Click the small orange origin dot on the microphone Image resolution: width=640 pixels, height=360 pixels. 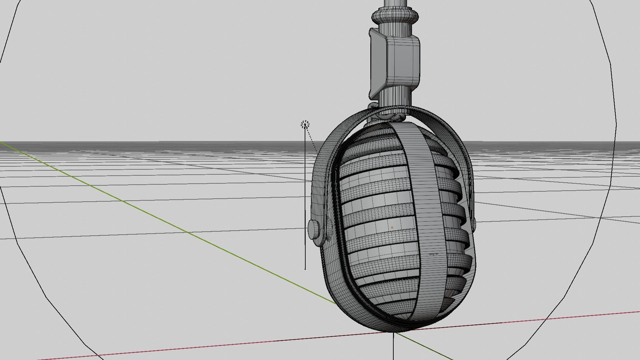pos(392,228)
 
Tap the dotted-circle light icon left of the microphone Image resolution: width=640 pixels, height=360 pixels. pos(305,125)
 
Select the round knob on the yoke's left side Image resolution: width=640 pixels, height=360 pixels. pos(313,229)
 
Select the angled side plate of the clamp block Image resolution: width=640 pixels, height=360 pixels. pos(377,63)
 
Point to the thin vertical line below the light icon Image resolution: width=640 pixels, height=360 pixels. pos(305,200)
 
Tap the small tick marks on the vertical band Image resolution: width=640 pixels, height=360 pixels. pos(433,254)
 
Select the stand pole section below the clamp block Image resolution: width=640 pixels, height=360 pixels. pos(395,97)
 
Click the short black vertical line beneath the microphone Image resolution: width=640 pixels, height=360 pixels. pos(393,347)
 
